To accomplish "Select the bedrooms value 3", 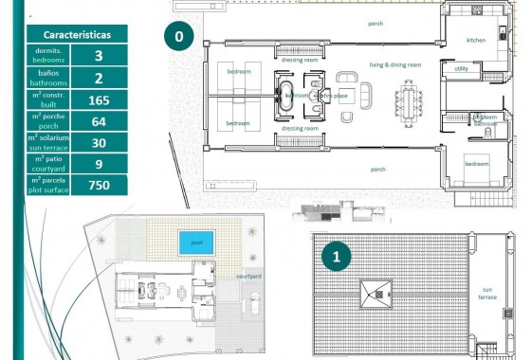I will (99, 56).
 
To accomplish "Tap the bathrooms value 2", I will (99, 78).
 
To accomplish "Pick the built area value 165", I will (99, 99).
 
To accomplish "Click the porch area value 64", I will (99, 121).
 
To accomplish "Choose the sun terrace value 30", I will (99, 143).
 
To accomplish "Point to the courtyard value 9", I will (99, 164).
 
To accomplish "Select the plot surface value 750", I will (99, 186).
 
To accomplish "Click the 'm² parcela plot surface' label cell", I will (48, 186).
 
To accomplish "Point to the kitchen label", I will (476, 41).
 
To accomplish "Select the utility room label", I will (462, 68).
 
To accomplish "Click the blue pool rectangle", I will (196, 243).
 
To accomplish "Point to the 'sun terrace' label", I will (487, 294).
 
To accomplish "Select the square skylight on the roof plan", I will (375, 293).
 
